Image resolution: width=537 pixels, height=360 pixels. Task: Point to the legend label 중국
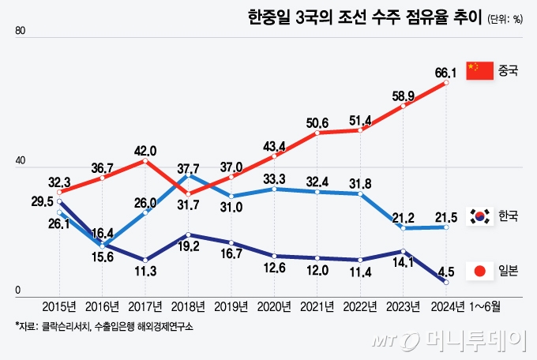pyautogui.click(x=508, y=72)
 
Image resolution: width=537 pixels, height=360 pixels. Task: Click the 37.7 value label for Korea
pyautogui.click(x=188, y=168)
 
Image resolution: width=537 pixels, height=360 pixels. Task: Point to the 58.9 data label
pyautogui.click(x=404, y=96)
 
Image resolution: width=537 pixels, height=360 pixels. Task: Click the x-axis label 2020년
pyautogui.click(x=274, y=305)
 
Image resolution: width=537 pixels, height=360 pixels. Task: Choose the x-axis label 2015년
pyautogui.click(x=60, y=305)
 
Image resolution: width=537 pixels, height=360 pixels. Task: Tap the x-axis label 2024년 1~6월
pyautogui.click(x=466, y=305)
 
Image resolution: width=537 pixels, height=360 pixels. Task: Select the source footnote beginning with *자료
pyautogui.click(x=103, y=325)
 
